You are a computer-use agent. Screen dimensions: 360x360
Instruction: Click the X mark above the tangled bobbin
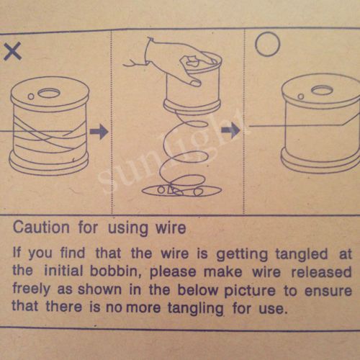point(13,51)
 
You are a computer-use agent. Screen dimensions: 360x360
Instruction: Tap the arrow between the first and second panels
point(99,132)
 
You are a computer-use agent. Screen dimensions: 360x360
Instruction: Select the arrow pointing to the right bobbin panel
point(230,130)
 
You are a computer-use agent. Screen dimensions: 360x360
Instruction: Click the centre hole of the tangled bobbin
point(49,93)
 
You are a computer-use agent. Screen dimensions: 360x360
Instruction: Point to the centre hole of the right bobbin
point(322,90)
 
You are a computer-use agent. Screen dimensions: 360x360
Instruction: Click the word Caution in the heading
point(41,227)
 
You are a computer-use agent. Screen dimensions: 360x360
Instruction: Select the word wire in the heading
point(171,228)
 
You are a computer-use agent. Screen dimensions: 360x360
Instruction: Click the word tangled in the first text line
point(302,254)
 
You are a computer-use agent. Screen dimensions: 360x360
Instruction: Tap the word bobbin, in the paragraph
point(115,271)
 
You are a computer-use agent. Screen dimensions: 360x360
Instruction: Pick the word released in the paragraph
point(321,272)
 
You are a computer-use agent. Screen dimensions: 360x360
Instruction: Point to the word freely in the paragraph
point(32,289)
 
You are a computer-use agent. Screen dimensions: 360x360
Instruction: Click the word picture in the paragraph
point(250,291)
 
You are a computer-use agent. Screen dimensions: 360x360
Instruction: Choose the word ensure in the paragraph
point(328,291)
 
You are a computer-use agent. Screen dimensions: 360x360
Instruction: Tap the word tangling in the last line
point(196,308)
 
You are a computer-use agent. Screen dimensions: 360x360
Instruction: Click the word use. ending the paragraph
point(273,309)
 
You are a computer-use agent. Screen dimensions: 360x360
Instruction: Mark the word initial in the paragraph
point(63,270)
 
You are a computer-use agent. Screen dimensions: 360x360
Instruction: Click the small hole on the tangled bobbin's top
point(31,96)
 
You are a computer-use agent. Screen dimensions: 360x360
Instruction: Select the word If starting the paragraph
point(17,252)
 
